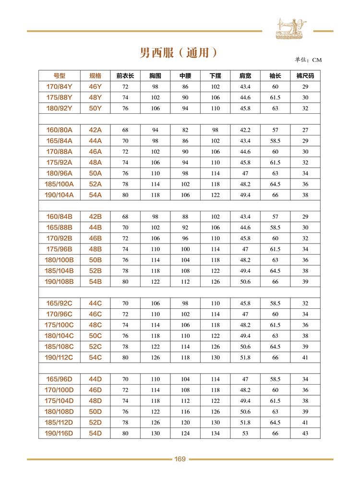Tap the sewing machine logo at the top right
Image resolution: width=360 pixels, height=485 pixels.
(x=291, y=27)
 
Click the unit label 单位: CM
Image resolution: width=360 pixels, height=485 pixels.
(x=308, y=60)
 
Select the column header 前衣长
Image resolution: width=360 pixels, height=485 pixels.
(x=125, y=76)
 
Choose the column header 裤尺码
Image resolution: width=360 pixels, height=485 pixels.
(x=305, y=76)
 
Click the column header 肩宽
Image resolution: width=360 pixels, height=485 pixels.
(x=245, y=76)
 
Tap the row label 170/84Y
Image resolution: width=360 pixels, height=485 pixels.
(x=59, y=86)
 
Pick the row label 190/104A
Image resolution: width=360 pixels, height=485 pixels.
(x=59, y=195)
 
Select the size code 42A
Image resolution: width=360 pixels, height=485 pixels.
(x=96, y=130)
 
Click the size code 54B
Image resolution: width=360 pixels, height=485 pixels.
(x=96, y=282)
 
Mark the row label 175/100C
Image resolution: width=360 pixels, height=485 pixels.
(x=59, y=325)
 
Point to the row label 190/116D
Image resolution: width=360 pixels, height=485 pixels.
(x=59, y=434)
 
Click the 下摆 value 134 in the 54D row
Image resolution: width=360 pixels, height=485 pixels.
(x=215, y=434)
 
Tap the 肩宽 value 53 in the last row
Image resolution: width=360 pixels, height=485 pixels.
(x=245, y=434)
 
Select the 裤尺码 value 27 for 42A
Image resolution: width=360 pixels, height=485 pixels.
(x=305, y=130)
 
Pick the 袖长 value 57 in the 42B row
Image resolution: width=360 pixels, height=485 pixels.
(x=275, y=217)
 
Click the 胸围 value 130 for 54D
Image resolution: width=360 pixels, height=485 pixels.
(x=155, y=434)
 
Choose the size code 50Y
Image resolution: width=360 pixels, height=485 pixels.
(x=96, y=108)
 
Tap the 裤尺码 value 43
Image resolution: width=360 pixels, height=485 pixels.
(x=305, y=434)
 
